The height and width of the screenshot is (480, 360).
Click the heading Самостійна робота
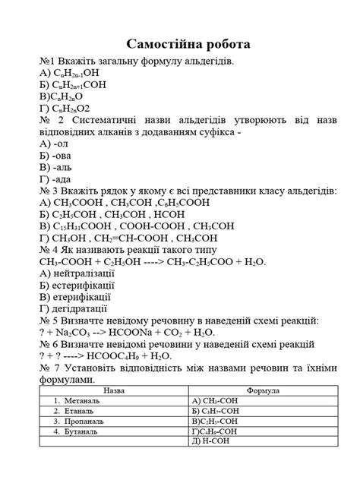(180, 43)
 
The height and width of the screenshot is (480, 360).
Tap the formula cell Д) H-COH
(212, 441)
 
